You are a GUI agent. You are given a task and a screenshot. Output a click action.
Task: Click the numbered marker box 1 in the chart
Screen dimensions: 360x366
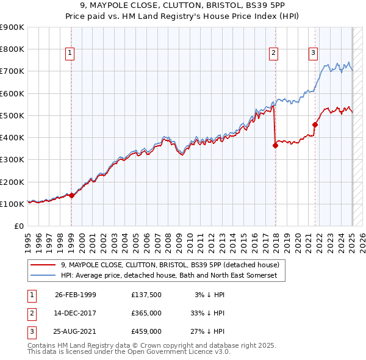[x=71, y=53]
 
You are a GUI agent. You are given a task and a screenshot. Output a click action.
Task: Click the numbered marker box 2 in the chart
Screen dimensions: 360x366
[x=274, y=53]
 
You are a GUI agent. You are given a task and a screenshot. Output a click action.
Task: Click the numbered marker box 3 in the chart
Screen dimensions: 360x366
[x=313, y=53]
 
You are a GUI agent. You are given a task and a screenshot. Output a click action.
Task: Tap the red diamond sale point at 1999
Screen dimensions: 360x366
[x=71, y=195]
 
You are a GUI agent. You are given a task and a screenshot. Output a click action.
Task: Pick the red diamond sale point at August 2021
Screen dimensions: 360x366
[x=315, y=124]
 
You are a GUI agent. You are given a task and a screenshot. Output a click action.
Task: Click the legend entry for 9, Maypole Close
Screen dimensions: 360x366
[x=170, y=265]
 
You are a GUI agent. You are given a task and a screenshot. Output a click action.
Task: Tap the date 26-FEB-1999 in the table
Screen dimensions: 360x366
[x=75, y=295]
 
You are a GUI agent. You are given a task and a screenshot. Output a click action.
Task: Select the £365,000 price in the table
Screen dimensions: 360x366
[x=146, y=313]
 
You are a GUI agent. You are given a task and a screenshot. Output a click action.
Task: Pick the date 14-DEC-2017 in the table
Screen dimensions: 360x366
[x=75, y=313]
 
